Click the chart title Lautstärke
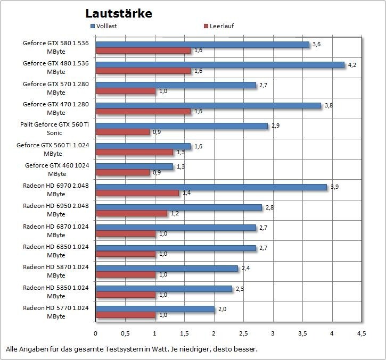(118, 13)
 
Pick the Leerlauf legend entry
(219, 26)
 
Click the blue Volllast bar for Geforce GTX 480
(220, 65)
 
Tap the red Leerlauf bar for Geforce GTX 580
(143, 51)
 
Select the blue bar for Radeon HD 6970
(211, 187)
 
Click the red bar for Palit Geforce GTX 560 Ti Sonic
(122, 132)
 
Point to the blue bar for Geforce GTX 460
(134, 166)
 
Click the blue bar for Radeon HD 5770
(155, 309)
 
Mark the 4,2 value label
(352, 65)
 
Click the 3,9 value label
(334, 187)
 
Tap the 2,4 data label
(246, 269)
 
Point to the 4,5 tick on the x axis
(361, 333)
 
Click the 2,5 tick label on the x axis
(243, 333)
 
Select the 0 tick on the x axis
(96, 333)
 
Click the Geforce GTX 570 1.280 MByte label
(55, 88)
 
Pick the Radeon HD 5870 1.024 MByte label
(55, 271)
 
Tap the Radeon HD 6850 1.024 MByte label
(55, 250)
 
